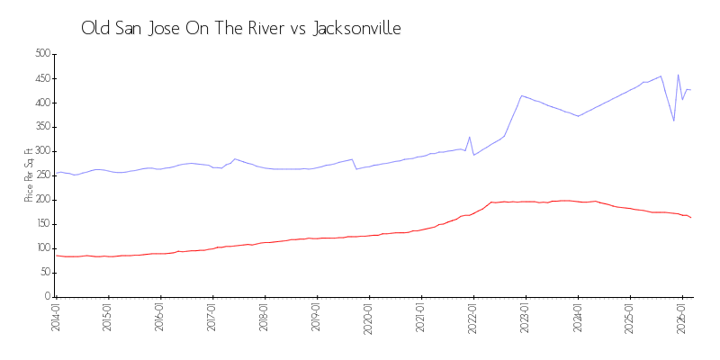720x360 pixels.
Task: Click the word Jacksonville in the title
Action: pyautogui.click(x=356, y=29)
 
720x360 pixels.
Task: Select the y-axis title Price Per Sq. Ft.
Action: pyautogui.click(x=30, y=174)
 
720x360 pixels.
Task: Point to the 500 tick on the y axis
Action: pyautogui.click(x=41, y=54)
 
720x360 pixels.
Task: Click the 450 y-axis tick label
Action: pyautogui.click(x=41, y=78)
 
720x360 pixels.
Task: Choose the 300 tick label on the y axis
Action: pyautogui.click(x=41, y=151)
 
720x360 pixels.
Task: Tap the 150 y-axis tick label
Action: pyautogui.click(x=41, y=224)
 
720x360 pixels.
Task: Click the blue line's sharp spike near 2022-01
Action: pyautogui.click(x=470, y=137)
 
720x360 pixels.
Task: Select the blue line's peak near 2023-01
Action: pyautogui.click(x=521, y=95)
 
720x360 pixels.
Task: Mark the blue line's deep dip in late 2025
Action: pyautogui.click(x=674, y=121)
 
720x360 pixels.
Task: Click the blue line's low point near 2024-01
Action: pyautogui.click(x=578, y=116)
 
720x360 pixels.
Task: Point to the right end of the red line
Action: pyautogui.click(x=690, y=218)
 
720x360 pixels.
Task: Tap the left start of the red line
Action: pyautogui.click(x=56, y=256)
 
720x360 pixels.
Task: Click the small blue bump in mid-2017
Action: pyautogui.click(x=234, y=159)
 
